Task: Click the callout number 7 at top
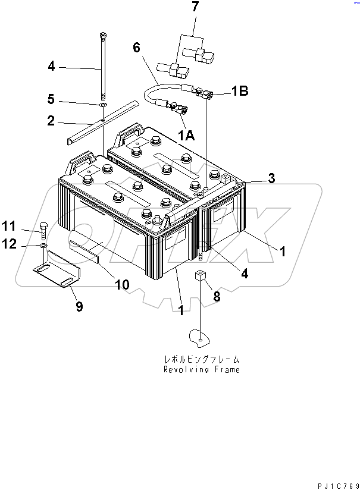[195, 7]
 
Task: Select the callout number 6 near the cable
[136, 48]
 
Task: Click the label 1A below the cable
[186, 136]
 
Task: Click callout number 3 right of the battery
[271, 177]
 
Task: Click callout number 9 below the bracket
[79, 306]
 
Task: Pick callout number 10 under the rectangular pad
[121, 285]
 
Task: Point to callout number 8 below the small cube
[217, 296]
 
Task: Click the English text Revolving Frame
[202, 369]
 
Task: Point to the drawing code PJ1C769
[334, 484]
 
